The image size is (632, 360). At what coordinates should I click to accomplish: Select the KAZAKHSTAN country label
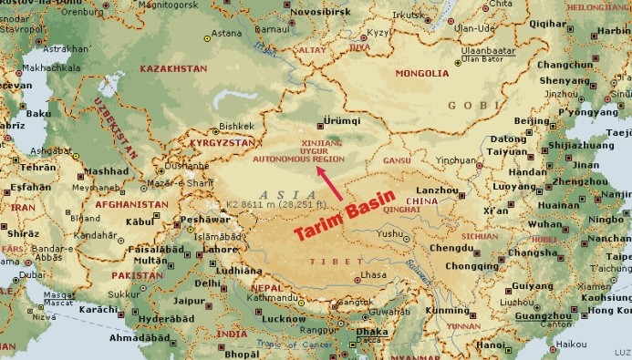point(172,68)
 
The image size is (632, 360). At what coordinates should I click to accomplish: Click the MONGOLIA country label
point(420,72)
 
